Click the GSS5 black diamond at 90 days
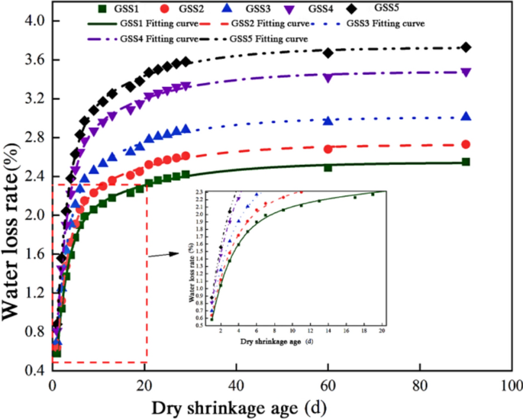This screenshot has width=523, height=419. tap(466, 47)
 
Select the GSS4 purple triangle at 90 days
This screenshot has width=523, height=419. tap(466, 73)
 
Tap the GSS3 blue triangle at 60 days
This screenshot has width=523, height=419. tap(328, 121)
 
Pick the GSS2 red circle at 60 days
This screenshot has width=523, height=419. tap(328, 149)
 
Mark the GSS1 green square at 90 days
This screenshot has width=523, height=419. tap(466, 162)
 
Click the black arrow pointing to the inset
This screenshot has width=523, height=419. tap(159, 255)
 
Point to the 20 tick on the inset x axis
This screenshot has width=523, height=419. tap(382, 332)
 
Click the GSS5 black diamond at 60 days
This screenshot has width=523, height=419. tap(328, 53)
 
